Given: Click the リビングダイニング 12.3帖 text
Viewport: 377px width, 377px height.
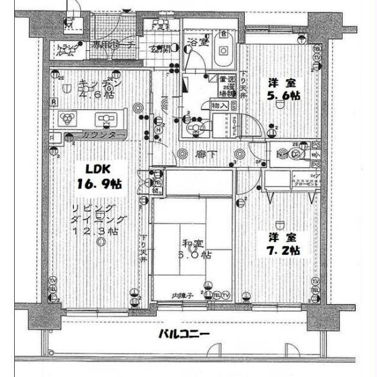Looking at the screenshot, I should [x=101, y=218].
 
